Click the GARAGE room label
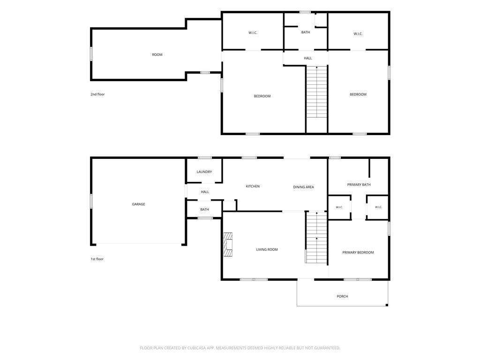click(x=138, y=204)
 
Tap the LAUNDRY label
click(x=204, y=172)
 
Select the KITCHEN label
click(x=253, y=187)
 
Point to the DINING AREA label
click(x=303, y=187)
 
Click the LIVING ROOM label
click(x=267, y=249)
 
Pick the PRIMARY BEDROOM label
click(x=358, y=253)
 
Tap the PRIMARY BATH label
click(x=359, y=185)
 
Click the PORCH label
click(x=342, y=296)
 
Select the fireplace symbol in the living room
click(x=228, y=245)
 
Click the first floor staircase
click(x=316, y=237)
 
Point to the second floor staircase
click(x=317, y=91)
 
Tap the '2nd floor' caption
click(x=97, y=94)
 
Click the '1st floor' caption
click(x=97, y=259)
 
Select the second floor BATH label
click(x=306, y=32)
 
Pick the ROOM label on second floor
click(x=157, y=55)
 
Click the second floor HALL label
click(x=308, y=58)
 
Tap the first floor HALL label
click(x=205, y=192)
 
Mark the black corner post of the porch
click(x=387, y=305)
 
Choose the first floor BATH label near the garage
click(x=204, y=210)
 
